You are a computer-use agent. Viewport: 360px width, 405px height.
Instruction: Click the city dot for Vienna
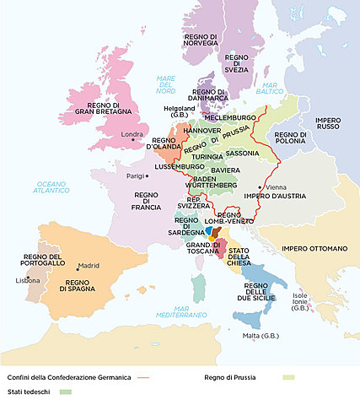click(x=260, y=186)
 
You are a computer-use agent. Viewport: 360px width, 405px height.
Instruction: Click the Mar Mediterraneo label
click(x=175, y=312)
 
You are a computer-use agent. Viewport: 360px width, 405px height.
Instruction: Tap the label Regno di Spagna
click(x=83, y=285)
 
